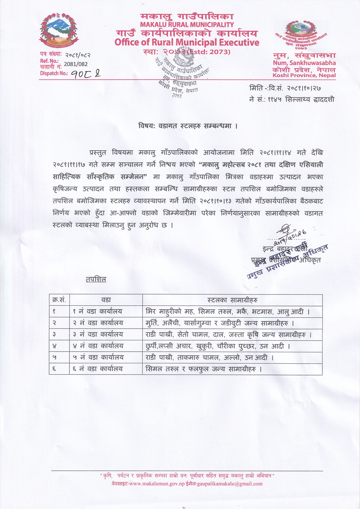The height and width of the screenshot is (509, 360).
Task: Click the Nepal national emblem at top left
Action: [59, 31]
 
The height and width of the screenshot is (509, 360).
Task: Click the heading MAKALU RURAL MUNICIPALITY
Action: [187, 25]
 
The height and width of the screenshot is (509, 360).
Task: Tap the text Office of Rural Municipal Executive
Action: [187, 42]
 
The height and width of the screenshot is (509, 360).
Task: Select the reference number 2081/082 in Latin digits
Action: [75, 64]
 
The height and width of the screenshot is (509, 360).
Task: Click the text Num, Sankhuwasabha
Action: [304, 63]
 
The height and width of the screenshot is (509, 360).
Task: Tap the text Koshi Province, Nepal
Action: [304, 75]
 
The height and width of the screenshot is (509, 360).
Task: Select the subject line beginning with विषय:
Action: [188, 126]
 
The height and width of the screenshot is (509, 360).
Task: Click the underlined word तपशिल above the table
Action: [96, 279]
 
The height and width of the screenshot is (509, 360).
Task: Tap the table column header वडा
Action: [106, 300]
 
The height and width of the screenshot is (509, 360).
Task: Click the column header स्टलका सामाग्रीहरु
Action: [232, 300]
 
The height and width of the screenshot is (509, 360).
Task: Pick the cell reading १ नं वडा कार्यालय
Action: [97, 312]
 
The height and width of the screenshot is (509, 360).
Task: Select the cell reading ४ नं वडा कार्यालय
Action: [98, 346]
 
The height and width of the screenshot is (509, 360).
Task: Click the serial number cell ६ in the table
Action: [54, 369]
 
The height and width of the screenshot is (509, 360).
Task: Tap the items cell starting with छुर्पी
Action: [217, 346]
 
